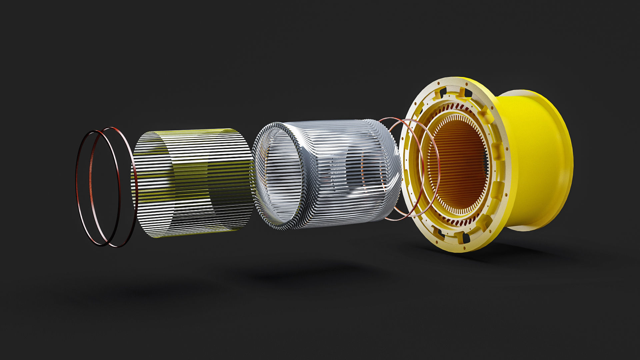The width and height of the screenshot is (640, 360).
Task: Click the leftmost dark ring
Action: click(x=77, y=187)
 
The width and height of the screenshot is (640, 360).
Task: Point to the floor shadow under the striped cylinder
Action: click(x=173, y=290)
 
